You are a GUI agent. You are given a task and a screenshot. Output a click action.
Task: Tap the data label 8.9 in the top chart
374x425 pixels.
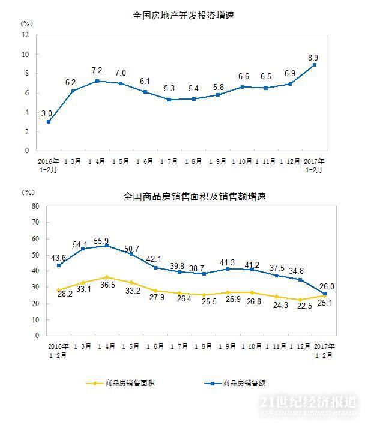[x=313, y=58]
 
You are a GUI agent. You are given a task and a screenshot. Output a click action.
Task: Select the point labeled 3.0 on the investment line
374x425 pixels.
[x=48, y=122]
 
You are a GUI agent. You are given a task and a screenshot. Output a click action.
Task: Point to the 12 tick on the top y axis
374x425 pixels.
[x=25, y=35]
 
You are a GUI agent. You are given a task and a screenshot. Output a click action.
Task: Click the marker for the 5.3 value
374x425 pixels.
[x=170, y=100]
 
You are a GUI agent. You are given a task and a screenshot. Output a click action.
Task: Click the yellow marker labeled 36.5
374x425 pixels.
[x=106, y=277]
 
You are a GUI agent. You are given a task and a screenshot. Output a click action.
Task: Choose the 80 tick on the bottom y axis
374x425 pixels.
[x=35, y=206]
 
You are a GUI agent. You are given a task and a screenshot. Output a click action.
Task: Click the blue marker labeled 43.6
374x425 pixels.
[x=58, y=265]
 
